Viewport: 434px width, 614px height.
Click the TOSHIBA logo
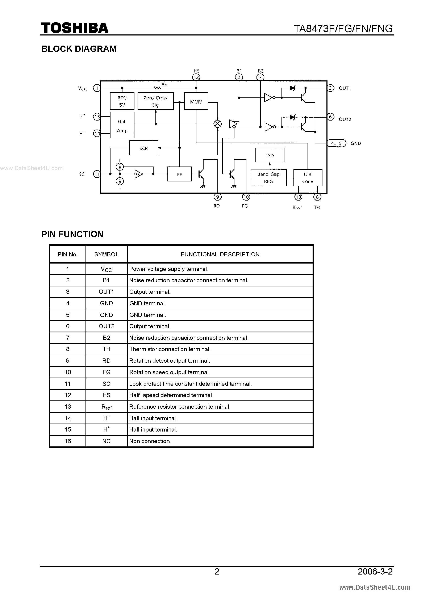[75, 28]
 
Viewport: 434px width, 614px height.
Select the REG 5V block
[122, 101]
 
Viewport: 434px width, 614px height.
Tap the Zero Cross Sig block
[155, 101]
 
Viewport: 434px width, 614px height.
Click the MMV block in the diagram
[196, 102]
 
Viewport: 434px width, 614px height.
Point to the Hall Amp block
[122, 126]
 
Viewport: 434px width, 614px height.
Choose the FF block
[179, 174]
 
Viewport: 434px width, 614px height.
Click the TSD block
[270, 155]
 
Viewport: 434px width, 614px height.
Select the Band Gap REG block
[268, 178]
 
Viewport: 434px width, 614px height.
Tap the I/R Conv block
[308, 178]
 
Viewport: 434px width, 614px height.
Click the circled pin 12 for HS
[196, 77]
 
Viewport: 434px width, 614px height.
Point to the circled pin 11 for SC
[97, 174]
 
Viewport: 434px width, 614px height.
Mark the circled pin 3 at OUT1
[330, 88]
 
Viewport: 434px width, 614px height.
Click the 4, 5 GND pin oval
[337, 143]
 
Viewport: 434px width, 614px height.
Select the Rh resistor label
[164, 84]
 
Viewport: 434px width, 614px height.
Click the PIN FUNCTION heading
[72, 234]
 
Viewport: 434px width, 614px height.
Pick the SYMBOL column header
[106, 254]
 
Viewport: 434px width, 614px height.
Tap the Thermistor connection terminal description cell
[170, 349]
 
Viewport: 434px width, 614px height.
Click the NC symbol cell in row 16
[106, 441]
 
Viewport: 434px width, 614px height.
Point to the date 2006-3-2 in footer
[375, 572]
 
